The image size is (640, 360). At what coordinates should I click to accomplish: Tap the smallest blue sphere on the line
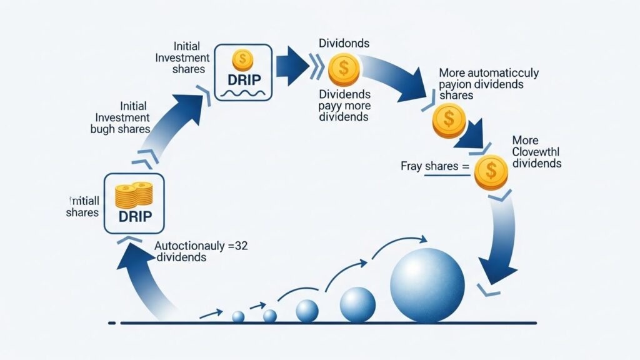click(x=238, y=317)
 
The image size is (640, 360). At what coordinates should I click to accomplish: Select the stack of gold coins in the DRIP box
click(x=134, y=195)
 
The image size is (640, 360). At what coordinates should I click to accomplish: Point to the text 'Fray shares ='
click(x=434, y=167)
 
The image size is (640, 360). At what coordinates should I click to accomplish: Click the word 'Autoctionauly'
click(x=191, y=246)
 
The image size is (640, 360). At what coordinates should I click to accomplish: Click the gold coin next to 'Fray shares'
click(x=491, y=172)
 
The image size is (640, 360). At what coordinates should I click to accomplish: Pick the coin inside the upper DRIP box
click(x=241, y=59)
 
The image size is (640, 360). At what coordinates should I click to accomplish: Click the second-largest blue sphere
click(x=357, y=305)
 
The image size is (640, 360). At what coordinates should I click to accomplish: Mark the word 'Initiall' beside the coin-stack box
click(x=82, y=201)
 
